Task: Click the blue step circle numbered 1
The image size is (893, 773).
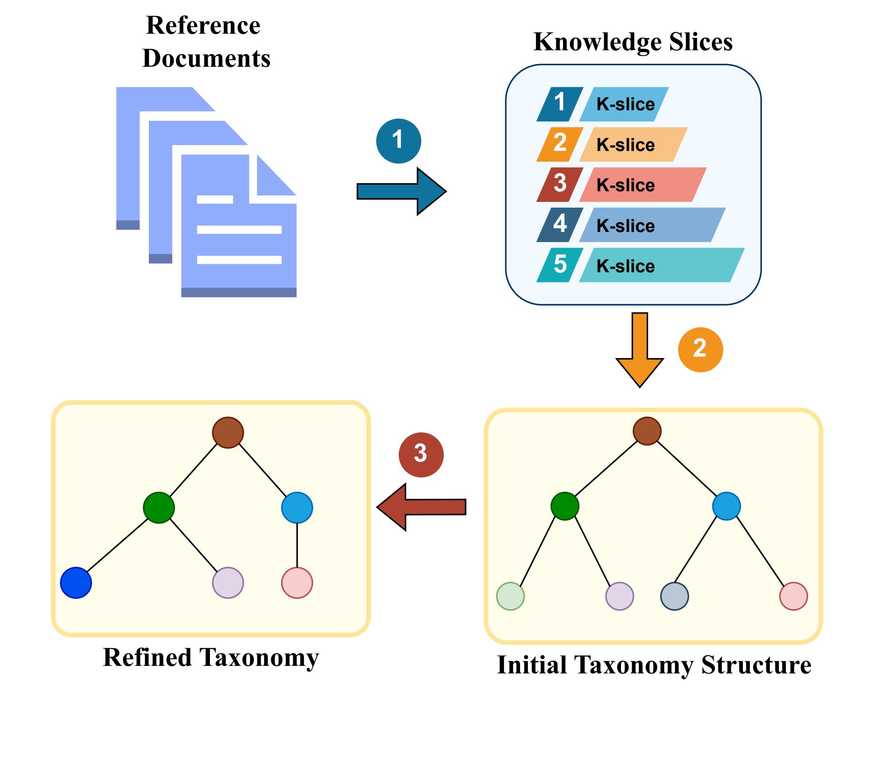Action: click(x=398, y=141)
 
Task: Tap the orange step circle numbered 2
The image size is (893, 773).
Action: click(x=700, y=349)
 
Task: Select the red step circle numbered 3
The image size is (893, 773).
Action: click(x=421, y=454)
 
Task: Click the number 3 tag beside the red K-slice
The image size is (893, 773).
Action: click(x=559, y=184)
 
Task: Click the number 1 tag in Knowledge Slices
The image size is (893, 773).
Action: click(x=559, y=104)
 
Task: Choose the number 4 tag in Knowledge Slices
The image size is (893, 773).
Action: click(x=559, y=224)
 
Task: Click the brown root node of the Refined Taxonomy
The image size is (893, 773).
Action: click(x=228, y=432)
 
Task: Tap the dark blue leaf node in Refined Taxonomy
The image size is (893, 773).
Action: click(x=76, y=583)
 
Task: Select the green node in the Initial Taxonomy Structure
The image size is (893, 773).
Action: click(x=564, y=506)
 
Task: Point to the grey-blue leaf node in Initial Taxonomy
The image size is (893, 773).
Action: click(x=674, y=596)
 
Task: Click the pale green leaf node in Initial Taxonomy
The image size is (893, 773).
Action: click(x=510, y=596)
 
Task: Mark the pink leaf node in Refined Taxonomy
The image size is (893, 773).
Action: click(x=297, y=583)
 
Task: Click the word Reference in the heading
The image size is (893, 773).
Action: click(x=203, y=25)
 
